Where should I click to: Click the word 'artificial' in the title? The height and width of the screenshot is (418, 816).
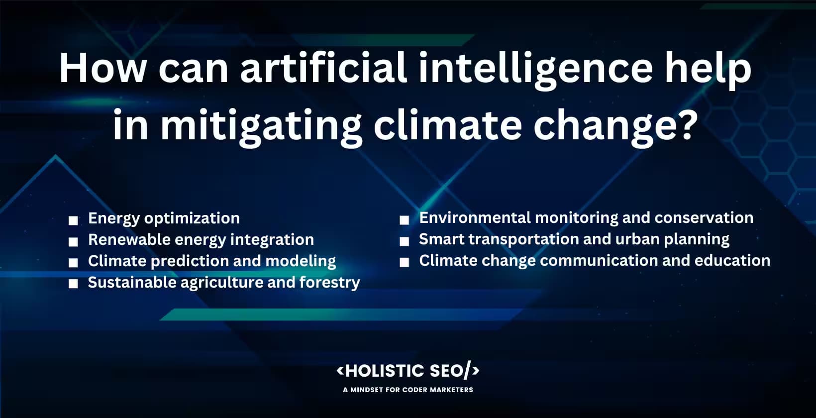tap(323, 68)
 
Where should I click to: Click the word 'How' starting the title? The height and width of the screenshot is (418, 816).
tap(102, 68)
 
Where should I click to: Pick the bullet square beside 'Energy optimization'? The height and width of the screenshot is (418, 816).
tap(74, 220)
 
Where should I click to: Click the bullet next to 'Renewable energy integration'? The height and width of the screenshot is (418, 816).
tap(74, 241)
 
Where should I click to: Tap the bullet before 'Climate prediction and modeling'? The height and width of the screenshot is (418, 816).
tap(74, 263)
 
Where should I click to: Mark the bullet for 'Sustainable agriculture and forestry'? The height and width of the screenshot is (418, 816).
tap(74, 284)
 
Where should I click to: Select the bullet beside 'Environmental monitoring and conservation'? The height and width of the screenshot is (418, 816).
tap(405, 219)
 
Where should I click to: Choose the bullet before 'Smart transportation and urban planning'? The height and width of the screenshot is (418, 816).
tap(405, 241)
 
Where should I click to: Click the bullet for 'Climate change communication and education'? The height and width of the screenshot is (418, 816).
tap(405, 262)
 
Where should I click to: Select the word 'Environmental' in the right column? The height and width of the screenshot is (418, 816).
tap(475, 217)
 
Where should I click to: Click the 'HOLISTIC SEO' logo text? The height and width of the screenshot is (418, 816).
tap(408, 371)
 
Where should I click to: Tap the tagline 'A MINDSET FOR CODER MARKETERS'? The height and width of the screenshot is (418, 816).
tap(408, 390)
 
